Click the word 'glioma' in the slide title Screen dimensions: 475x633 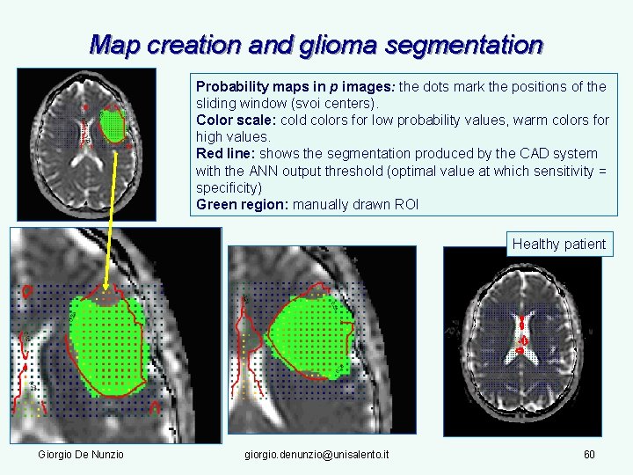[376, 45]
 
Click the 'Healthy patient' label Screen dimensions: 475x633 [559, 244]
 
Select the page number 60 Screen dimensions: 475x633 [590, 454]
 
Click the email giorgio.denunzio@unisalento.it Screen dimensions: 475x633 [317, 454]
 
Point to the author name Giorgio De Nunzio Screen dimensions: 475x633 [81, 454]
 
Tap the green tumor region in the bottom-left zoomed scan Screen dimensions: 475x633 [107, 343]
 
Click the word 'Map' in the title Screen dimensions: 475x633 [112, 45]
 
